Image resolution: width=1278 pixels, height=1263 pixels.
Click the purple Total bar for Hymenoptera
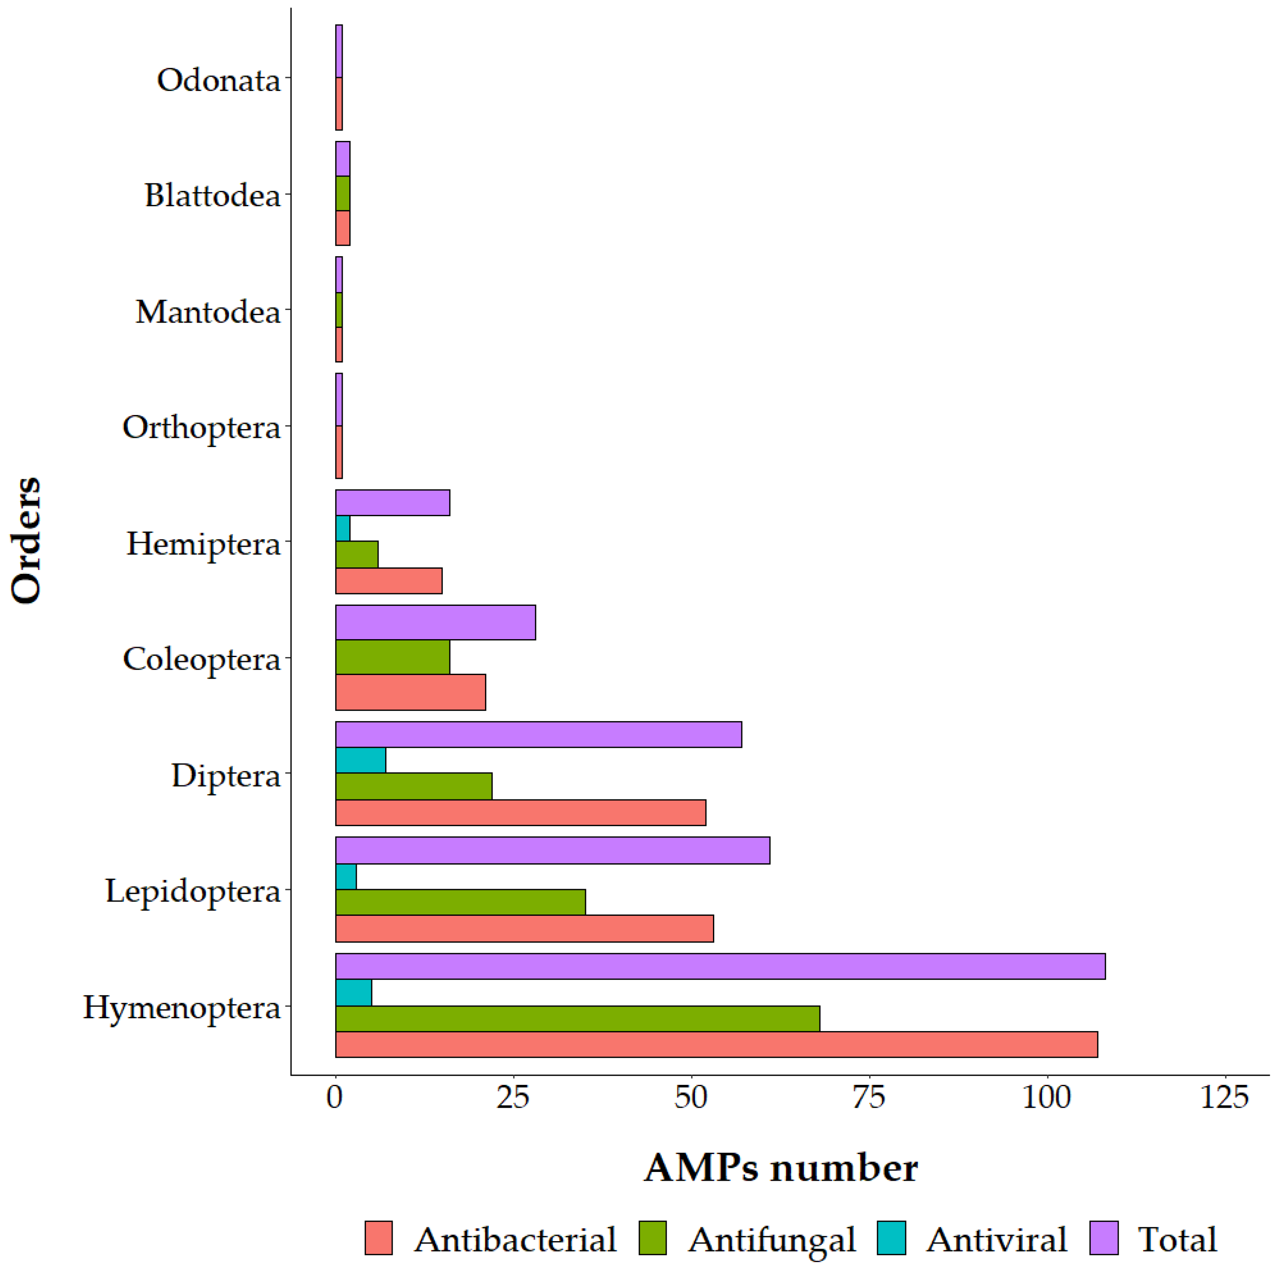tap(720, 967)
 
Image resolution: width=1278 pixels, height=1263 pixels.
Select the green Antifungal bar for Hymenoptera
tap(577, 1019)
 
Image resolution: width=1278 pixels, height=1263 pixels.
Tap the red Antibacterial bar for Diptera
tap(520, 813)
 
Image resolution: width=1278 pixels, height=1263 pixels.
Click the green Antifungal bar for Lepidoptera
tap(460, 902)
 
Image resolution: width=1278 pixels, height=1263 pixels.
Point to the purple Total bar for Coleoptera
tap(435, 623)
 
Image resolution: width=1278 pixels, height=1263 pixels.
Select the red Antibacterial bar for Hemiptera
tap(389, 581)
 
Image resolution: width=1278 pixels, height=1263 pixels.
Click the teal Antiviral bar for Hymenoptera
tap(354, 992)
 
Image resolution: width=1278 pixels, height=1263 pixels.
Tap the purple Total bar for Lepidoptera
tap(552, 851)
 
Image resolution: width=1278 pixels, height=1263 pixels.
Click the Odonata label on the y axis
tap(218, 80)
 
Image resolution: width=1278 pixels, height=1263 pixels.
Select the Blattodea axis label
tap(212, 196)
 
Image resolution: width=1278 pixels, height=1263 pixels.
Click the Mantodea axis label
tap(208, 312)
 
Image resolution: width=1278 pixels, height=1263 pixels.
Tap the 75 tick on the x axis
tap(868, 1098)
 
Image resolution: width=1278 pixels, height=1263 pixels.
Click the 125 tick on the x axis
tap(1225, 1098)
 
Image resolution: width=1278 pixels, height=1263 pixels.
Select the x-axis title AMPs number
tap(780, 1168)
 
